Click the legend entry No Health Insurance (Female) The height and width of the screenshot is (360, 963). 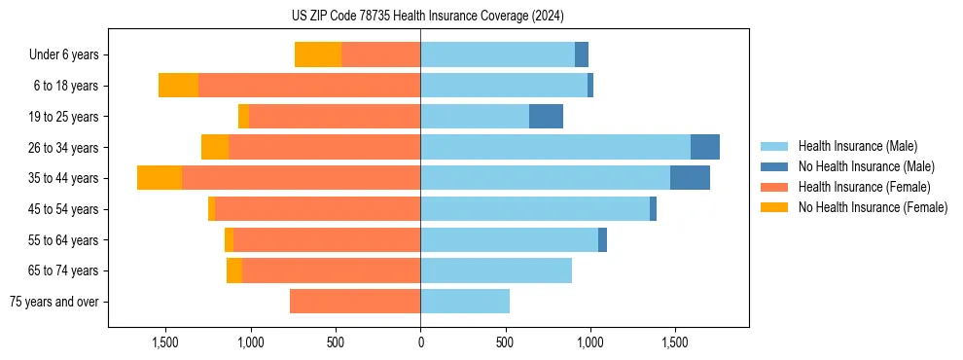[x=873, y=207]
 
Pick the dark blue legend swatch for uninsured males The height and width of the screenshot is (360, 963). [x=774, y=166]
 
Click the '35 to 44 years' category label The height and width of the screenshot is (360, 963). [x=63, y=178]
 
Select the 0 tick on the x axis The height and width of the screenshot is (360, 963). [x=420, y=342]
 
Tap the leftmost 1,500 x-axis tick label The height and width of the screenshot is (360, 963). [x=165, y=342]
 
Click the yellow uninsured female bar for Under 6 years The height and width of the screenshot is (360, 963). [x=318, y=54]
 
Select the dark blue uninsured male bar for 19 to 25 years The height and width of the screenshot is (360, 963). [x=546, y=116]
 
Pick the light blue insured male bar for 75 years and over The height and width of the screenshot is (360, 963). [x=465, y=302]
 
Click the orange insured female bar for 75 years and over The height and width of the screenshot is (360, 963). [x=355, y=302]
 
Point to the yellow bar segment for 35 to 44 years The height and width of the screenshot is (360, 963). [x=160, y=178]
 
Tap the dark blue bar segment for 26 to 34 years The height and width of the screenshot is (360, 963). [x=705, y=147]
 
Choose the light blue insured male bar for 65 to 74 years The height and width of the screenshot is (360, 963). [x=496, y=270]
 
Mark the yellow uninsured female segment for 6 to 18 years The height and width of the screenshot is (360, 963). [x=178, y=86]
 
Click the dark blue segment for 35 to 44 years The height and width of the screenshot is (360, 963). [x=690, y=178]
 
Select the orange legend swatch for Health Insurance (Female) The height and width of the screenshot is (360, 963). [x=774, y=187]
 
